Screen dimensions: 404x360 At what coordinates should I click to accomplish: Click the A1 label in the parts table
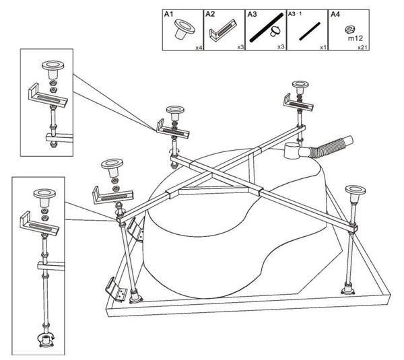168,14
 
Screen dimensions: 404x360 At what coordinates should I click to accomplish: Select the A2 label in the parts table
210,14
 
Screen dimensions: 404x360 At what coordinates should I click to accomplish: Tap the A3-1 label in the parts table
295,13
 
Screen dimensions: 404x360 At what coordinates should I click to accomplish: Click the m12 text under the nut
355,38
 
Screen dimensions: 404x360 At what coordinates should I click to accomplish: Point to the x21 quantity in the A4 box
363,48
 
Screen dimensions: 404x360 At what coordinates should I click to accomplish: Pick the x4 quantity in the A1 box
199,48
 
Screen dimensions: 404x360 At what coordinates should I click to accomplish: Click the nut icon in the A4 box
349,30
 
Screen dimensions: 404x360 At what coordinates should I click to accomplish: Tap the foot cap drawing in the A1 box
184,29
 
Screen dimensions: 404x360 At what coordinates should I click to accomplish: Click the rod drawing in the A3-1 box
310,32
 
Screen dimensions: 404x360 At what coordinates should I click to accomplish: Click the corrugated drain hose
332,147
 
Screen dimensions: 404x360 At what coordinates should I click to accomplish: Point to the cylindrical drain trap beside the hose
292,151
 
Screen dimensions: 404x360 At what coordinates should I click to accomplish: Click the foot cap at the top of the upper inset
53,69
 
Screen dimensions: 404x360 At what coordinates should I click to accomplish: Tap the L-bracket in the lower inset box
40,224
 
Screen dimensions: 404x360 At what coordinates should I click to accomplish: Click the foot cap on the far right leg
356,194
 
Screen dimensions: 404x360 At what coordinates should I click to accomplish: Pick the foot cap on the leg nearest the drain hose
300,87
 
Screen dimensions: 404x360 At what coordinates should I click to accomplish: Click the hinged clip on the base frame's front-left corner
116,290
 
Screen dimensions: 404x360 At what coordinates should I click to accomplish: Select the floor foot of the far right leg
348,289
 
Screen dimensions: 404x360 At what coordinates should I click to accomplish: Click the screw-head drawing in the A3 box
275,32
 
